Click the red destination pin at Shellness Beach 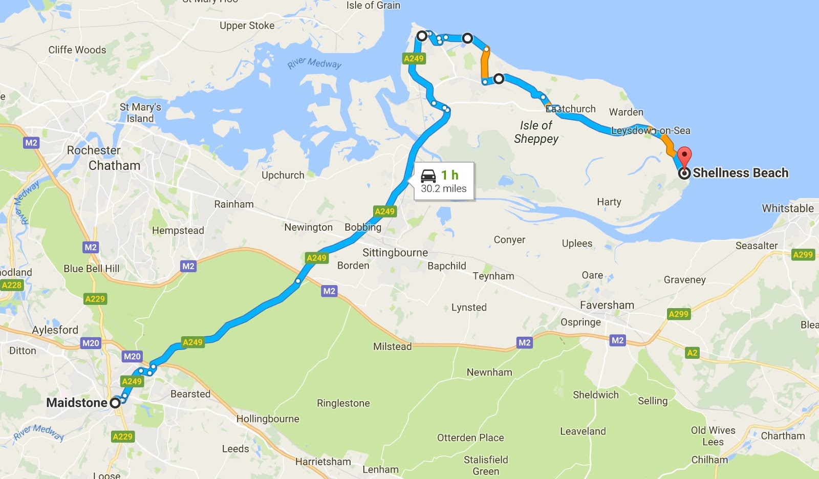coord(684,155)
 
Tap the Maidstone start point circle coord(115,403)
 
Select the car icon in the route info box coord(428,176)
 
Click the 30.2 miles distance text coord(443,189)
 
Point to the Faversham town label coord(607,305)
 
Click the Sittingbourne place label coord(395,252)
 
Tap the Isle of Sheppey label coord(536,132)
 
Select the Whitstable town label coord(787,208)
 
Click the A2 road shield coord(692,353)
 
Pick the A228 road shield coord(12,285)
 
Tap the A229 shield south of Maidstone coord(122,437)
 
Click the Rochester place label coord(94,150)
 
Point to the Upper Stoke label coord(247,26)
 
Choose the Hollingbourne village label coord(267,419)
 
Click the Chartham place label coord(783,436)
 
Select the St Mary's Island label coord(140,113)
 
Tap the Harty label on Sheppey coord(609,202)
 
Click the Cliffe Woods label coord(77,50)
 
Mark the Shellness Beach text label coord(740,173)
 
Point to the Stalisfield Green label coord(486,465)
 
